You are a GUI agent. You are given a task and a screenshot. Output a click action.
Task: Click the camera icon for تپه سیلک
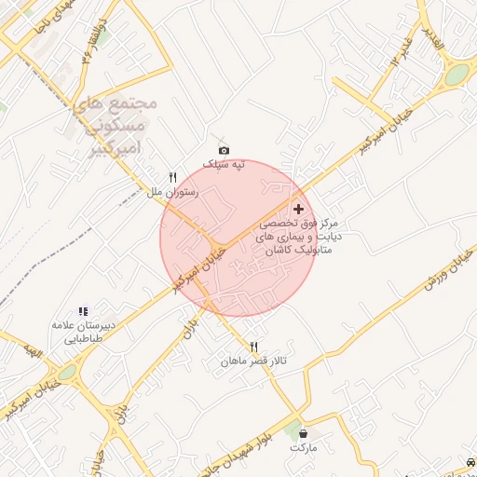pyautogui.click(x=224, y=150)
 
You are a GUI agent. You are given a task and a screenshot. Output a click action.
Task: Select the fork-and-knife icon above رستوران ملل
pyautogui.click(x=172, y=177)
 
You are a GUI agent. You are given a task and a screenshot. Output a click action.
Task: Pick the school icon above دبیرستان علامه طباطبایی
pyautogui.click(x=83, y=311)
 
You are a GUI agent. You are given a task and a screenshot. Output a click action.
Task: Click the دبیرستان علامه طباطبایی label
pyautogui.click(x=83, y=333)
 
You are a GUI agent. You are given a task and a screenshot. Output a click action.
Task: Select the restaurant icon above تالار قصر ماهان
pyautogui.click(x=253, y=347)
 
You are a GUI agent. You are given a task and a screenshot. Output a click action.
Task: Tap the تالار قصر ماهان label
pyautogui.click(x=252, y=361)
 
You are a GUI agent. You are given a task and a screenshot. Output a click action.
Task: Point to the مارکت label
pyautogui.click(x=304, y=448)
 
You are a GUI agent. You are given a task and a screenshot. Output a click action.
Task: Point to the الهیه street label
pyautogui.click(x=34, y=351)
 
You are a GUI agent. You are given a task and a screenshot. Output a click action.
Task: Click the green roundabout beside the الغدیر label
pyautogui.click(x=456, y=75)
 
